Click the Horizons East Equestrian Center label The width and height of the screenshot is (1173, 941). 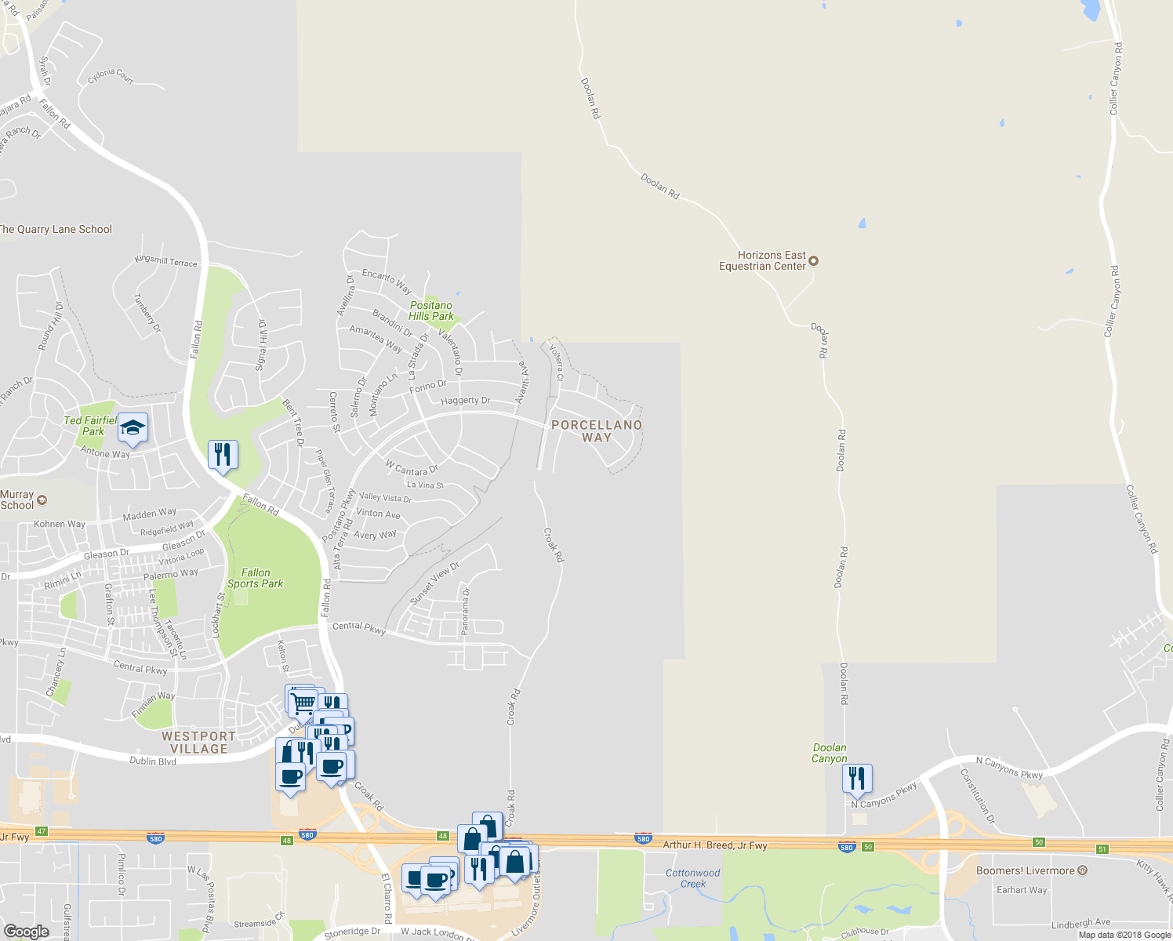click(x=763, y=260)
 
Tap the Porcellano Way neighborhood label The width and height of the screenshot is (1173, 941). click(x=597, y=431)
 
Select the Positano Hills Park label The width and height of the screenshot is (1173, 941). click(x=431, y=311)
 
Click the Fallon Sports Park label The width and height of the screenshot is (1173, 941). click(x=255, y=578)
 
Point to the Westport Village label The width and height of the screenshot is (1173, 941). click(x=198, y=742)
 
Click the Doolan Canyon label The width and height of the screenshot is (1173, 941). click(x=830, y=753)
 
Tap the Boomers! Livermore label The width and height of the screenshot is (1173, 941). click(x=1026, y=870)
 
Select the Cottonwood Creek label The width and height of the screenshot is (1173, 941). click(x=692, y=878)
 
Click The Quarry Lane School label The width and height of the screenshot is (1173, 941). click(x=56, y=229)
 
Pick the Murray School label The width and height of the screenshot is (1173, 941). click(x=17, y=500)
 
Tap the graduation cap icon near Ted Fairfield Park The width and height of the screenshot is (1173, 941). click(x=133, y=427)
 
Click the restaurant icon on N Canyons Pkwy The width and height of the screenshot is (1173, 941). click(x=857, y=778)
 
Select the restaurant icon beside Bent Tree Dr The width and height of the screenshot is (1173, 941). click(x=223, y=454)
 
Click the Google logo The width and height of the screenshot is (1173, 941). click(x=27, y=931)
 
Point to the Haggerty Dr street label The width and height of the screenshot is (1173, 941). click(x=465, y=401)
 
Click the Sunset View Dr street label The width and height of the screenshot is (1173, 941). click(x=434, y=583)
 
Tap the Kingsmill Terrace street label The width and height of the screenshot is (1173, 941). click(x=166, y=261)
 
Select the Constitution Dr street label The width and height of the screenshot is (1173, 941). click(x=978, y=796)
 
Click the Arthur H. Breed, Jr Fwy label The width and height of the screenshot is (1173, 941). click(x=715, y=845)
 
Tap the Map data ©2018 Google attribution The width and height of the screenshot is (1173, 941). click(x=1124, y=935)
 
